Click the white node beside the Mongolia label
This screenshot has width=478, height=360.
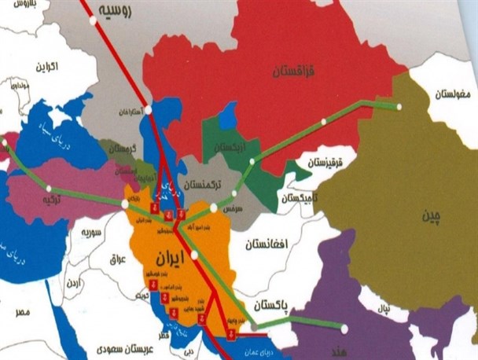coord(399,106)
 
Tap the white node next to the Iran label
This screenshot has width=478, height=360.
coord(194,255)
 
